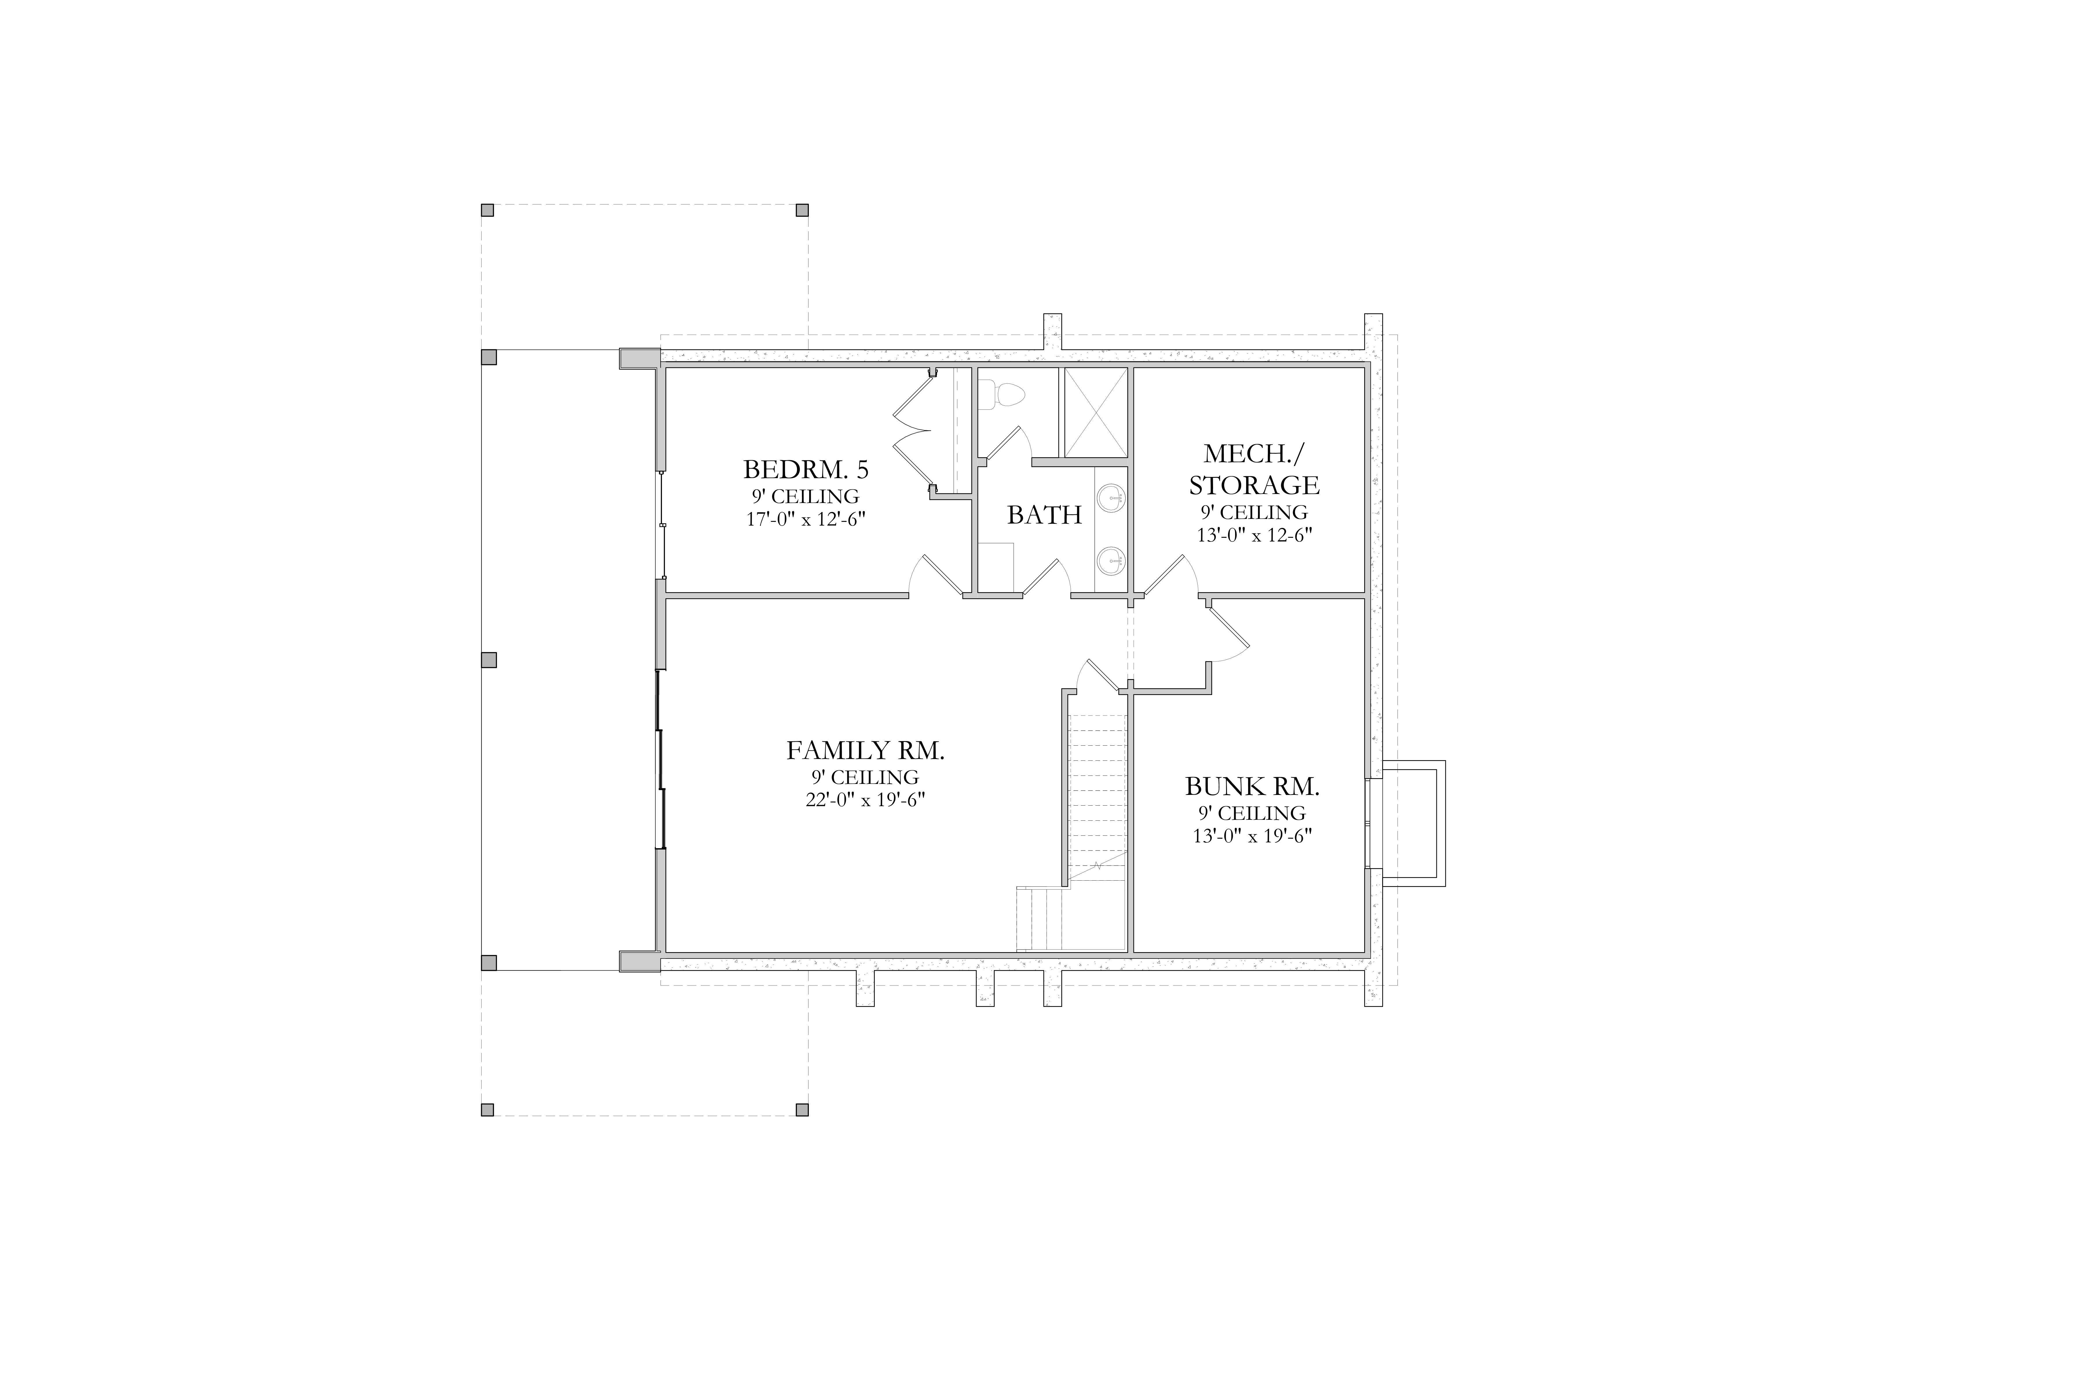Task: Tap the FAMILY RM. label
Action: (865, 751)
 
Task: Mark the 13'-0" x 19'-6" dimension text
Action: (1252, 835)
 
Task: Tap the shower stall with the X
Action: (1096, 412)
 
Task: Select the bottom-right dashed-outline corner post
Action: (802, 1109)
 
